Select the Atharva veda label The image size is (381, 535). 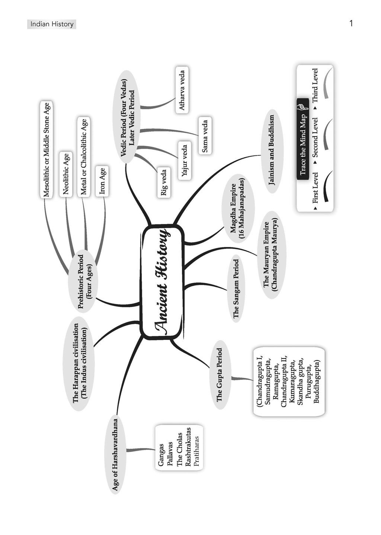click(182, 90)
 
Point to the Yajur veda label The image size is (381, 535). click(185, 160)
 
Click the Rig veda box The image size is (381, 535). click(164, 182)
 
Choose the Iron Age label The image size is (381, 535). click(102, 181)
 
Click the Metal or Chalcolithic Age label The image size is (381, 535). click(84, 157)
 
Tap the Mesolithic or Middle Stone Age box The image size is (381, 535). click(47, 150)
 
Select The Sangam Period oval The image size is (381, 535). click(236, 289)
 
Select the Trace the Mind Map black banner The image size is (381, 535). click(303, 139)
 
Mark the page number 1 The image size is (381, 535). click(351, 24)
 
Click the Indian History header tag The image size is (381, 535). click(52, 25)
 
